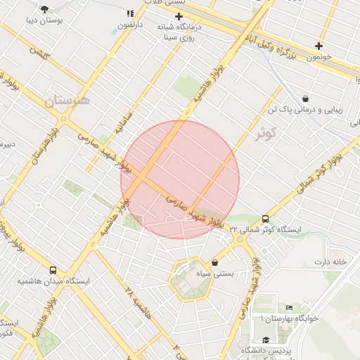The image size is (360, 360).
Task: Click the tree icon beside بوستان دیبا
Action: [45, 9]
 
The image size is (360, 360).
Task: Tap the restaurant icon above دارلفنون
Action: [129, 13]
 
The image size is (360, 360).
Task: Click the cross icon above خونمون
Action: [319, 46]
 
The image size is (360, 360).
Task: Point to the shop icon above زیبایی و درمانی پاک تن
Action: [305, 98]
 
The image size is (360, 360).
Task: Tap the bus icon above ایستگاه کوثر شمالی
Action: [265, 219]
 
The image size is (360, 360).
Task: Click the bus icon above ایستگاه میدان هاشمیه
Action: [53, 270]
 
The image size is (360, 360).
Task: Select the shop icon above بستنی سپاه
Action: [214, 262]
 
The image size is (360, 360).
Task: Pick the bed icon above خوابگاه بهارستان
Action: [289, 308]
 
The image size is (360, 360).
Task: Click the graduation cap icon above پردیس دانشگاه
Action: [265, 340]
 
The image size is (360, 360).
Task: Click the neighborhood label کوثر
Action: [266, 133]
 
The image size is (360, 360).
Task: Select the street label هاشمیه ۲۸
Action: [138, 301]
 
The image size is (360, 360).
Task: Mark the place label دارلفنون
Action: [129, 25]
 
